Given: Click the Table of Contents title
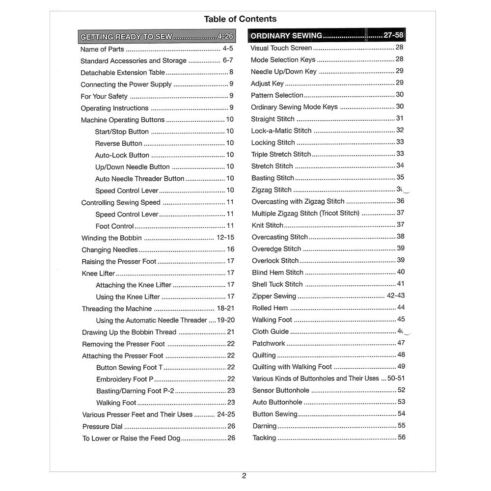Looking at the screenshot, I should click(x=240, y=19).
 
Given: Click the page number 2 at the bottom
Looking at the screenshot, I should click(x=244, y=475).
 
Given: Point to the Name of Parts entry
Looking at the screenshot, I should click(x=102, y=49).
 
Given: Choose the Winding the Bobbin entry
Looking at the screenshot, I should click(x=111, y=238).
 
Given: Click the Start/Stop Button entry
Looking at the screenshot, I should click(x=122, y=132).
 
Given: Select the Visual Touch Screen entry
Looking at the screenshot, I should click(x=281, y=48).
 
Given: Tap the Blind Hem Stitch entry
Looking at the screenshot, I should click(x=277, y=272).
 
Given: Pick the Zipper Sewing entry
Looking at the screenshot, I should click(x=274, y=296).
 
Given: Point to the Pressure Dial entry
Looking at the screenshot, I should click(x=103, y=427).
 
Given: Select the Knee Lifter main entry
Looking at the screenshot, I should click(x=98, y=273).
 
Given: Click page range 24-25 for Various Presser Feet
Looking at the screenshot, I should click(x=226, y=414).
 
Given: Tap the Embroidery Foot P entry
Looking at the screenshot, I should click(x=125, y=379).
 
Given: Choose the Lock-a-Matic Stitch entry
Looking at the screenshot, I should click(x=281, y=131).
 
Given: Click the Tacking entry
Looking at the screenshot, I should click(x=264, y=438).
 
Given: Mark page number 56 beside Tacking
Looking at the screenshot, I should click(x=402, y=437).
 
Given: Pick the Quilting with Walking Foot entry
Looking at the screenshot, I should click(x=292, y=367).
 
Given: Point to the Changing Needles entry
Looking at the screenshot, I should click(x=109, y=249).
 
